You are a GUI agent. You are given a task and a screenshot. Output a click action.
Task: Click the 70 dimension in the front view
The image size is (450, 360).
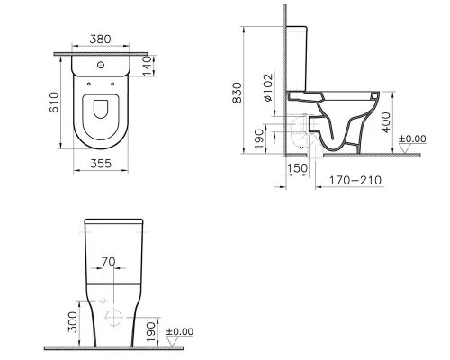[109, 262]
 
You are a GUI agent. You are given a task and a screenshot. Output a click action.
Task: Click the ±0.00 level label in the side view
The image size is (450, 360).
[414, 139]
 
